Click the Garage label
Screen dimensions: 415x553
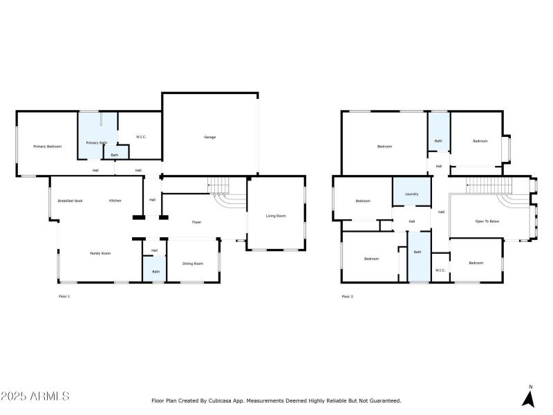(209, 137)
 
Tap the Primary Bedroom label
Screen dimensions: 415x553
(48, 147)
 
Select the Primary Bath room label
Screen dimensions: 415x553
(96, 142)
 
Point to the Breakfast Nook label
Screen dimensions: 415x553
(71, 201)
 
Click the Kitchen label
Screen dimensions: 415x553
(115, 201)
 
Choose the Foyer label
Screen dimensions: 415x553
(197, 222)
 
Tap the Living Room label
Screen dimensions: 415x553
(276, 216)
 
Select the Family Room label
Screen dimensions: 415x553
(100, 253)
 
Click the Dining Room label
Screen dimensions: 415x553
(193, 264)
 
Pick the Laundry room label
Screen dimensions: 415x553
(412, 194)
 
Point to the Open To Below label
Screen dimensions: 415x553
(487, 221)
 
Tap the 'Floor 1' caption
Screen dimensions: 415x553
(64, 296)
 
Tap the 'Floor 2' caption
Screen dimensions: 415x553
(347, 296)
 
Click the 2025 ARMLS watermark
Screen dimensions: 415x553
(35, 396)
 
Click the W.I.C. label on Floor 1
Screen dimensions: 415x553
(140, 137)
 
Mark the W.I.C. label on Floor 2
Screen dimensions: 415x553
(440, 270)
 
